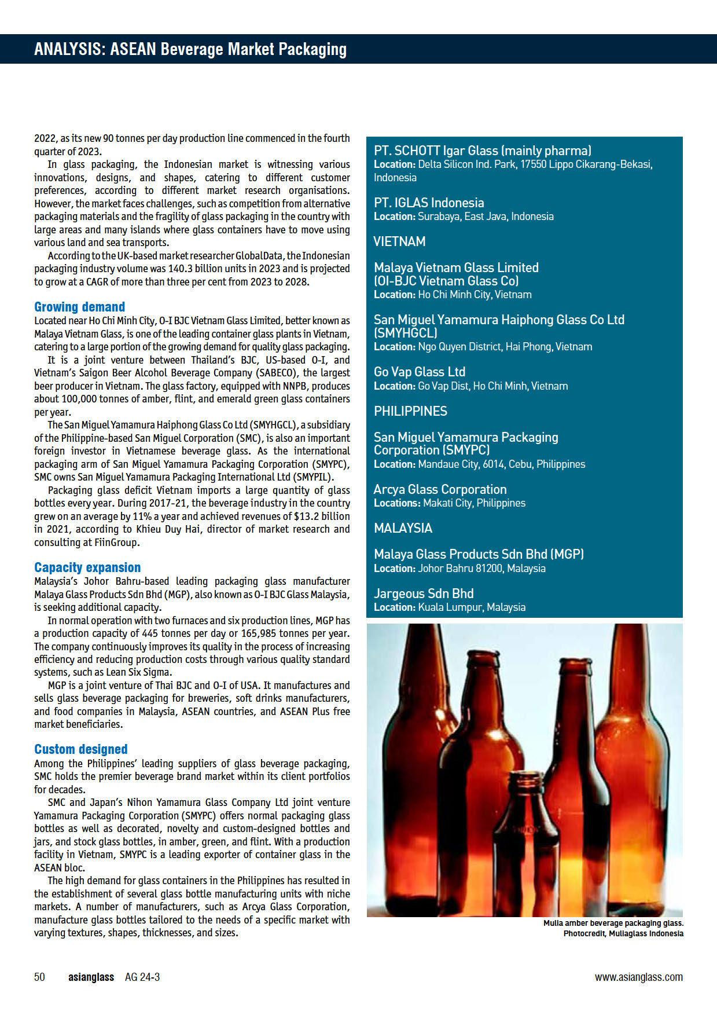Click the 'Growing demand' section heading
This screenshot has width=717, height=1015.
coord(79,307)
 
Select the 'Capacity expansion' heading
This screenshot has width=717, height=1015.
coord(87,567)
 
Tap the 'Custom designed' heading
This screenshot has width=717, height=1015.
coord(80,749)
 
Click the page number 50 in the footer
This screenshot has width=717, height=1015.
coord(39,977)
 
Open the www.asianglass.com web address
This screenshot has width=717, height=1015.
coord(638,977)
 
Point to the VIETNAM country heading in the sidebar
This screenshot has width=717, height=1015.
coord(399,241)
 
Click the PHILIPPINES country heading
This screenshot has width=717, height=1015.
coord(410,411)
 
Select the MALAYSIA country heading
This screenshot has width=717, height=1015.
coord(403,528)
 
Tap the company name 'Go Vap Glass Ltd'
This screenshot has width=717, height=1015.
coord(420,372)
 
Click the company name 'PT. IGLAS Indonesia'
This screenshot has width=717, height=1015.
coord(429,203)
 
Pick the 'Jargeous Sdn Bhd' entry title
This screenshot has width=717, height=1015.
coord(424,593)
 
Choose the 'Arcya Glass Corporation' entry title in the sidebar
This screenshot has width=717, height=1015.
coord(440,489)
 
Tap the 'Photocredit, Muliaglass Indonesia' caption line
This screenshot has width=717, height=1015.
coord(623,933)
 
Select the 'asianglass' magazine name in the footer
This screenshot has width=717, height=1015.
coord(91,977)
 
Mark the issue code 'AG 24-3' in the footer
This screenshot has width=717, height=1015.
coord(142,977)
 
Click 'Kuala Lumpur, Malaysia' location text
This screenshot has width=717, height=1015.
coord(472,607)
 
